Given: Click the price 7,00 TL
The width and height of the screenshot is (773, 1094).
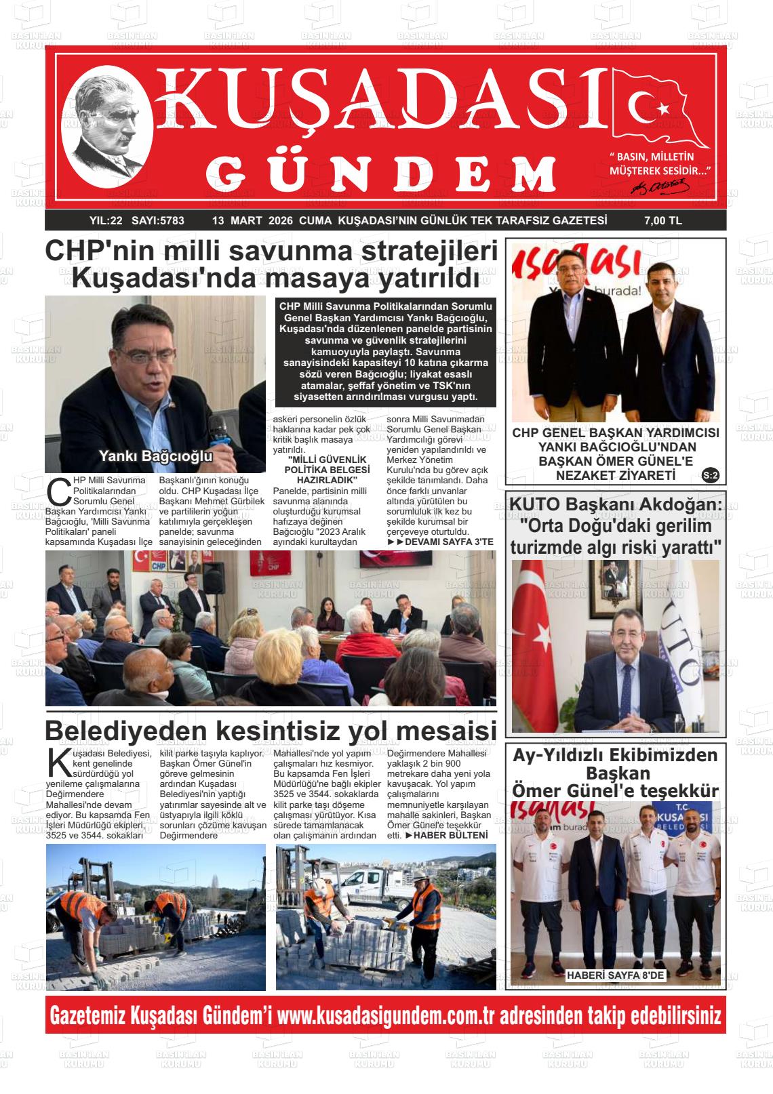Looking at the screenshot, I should (662, 220).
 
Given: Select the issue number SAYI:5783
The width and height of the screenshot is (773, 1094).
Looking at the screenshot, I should (158, 220).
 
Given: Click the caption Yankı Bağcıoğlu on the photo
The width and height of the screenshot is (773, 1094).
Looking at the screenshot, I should (156, 456).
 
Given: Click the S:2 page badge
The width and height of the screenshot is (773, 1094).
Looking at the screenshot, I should (711, 475).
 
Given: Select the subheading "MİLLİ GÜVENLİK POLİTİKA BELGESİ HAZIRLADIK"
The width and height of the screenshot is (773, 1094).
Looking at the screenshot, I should (328, 469).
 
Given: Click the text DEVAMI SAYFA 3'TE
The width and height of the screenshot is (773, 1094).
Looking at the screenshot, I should (445, 542).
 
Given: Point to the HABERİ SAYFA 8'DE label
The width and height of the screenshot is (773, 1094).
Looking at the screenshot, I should (616, 975).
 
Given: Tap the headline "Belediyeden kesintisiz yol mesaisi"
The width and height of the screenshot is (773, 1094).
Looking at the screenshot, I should (271, 731).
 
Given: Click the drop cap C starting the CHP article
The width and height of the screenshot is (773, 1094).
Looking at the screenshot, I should (60, 491).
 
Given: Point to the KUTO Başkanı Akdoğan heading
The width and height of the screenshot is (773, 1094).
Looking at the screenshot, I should (615, 505).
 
